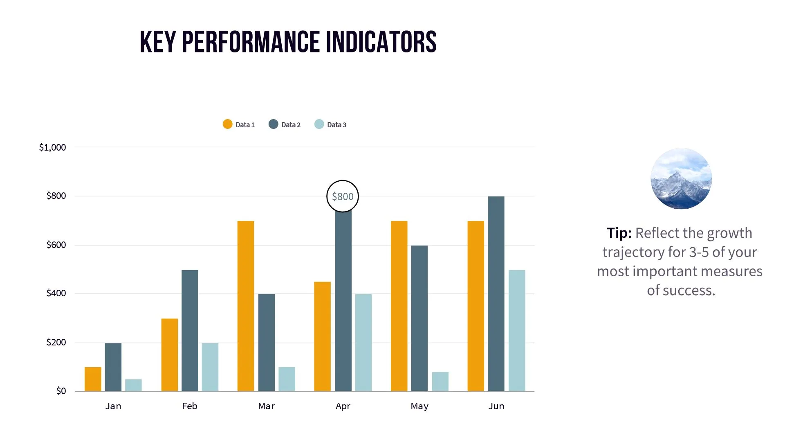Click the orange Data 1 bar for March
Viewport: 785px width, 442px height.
pos(245,306)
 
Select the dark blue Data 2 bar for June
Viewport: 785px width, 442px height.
pos(496,294)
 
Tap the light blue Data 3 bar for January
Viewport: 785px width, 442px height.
pos(133,385)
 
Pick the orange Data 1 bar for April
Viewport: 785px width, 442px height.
pos(322,336)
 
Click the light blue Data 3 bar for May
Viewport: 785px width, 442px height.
pos(440,381)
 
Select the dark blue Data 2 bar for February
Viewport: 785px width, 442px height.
pos(190,331)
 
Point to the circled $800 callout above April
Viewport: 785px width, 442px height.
pos(343,196)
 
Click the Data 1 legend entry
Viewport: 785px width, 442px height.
pos(239,124)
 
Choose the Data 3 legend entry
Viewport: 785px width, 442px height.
pos(331,124)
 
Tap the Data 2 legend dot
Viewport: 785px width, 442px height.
pos(273,124)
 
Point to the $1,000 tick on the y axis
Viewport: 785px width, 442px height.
pos(52,147)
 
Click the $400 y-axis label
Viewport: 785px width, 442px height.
pos(56,293)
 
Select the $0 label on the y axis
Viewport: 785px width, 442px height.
pos(61,391)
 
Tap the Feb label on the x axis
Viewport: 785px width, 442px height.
pos(190,406)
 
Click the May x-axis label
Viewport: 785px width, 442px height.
pos(419,406)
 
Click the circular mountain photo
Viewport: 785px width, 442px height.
pos(681,178)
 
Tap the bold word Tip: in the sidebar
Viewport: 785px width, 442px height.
pos(619,233)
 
